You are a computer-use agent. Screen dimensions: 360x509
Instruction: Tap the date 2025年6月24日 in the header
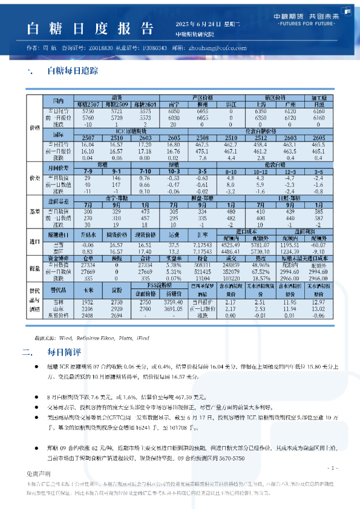pos(194,23)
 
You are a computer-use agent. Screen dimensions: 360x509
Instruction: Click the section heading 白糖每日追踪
pos(70,71)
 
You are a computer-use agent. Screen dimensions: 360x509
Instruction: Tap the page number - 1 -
pos(332,468)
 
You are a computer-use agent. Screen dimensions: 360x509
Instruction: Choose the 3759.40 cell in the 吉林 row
pos(174,301)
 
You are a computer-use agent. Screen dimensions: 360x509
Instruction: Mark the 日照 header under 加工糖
pos(318,105)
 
